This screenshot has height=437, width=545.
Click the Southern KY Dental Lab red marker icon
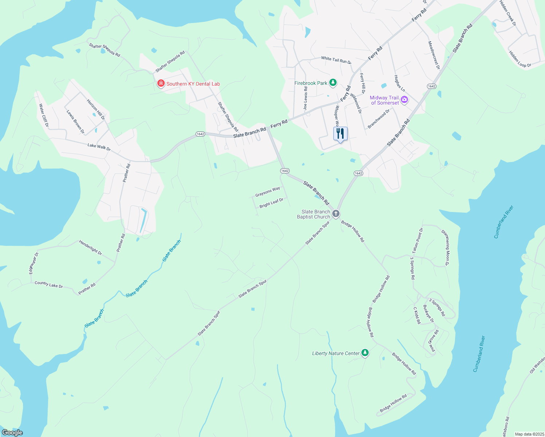pyautogui.click(x=161, y=84)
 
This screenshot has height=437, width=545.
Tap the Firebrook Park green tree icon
pyautogui.click(x=333, y=83)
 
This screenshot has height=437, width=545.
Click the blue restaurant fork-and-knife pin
pyautogui.click(x=340, y=134)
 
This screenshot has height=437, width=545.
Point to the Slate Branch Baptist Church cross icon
pyautogui.click(x=336, y=214)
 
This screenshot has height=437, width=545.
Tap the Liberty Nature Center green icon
pyautogui.click(x=365, y=353)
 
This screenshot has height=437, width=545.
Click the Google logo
pyautogui.click(x=12, y=432)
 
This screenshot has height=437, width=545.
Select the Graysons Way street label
pyautogui.click(x=267, y=192)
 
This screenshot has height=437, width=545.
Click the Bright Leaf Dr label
pyautogui.click(x=271, y=203)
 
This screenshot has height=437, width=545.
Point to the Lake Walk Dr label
pyautogui.click(x=99, y=147)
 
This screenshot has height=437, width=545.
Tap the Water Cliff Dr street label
pyautogui.click(x=44, y=115)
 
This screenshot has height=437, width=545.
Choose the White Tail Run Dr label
pyautogui.click(x=336, y=60)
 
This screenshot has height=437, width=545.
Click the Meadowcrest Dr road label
pyautogui.click(x=434, y=55)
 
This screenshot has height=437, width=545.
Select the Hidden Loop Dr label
pyautogui.click(x=520, y=59)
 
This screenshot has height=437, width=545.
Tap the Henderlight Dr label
pyautogui.click(x=90, y=248)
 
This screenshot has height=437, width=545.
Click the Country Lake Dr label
pyautogui.click(x=49, y=284)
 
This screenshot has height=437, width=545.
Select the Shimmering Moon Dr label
pyautogui.click(x=446, y=248)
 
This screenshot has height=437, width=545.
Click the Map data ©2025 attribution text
pyautogui.click(x=529, y=434)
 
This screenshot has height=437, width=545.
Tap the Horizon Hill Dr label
pyautogui.click(x=96, y=109)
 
